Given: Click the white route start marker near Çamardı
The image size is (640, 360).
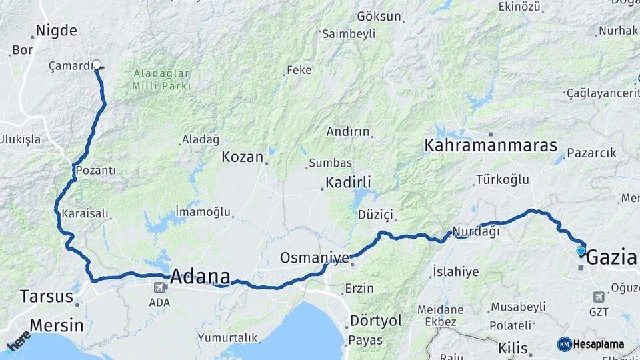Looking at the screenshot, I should pyautogui.click(x=97, y=65).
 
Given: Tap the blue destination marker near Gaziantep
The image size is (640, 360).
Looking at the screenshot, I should pyautogui.click(x=581, y=251).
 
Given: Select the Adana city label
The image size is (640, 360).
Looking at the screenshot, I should pyautogui.click(x=201, y=276).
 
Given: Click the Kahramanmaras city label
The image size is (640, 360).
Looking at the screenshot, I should pyautogui.click(x=481, y=145).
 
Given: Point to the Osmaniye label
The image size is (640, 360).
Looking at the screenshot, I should pyautogui.click(x=306, y=257).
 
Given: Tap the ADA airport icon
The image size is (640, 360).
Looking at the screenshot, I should pyautogui.click(x=160, y=288).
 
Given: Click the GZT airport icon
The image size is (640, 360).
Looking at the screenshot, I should pyautogui.click(x=598, y=297).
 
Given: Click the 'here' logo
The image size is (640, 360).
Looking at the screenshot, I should pyautogui.click(x=18, y=340).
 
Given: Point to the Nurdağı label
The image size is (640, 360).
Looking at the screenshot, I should pyautogui.click(x=476, y=231).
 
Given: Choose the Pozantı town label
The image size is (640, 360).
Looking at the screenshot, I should pyautogui.click(x=96, y=171).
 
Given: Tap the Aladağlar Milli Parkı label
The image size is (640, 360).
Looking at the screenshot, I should pyautogui.click(x=161, y=79).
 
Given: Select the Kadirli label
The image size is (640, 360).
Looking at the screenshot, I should pyautogui.click(x=348, y=183).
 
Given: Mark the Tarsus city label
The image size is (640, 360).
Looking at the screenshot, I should pyautogui.click(x=45, y=296).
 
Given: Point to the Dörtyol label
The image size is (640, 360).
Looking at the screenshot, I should pyautogui.click(x=376, y=321).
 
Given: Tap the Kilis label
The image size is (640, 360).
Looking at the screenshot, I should pyautogui.click(x=513, y=348).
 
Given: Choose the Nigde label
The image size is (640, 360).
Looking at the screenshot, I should pyautogui.click(x=56, y=30).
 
